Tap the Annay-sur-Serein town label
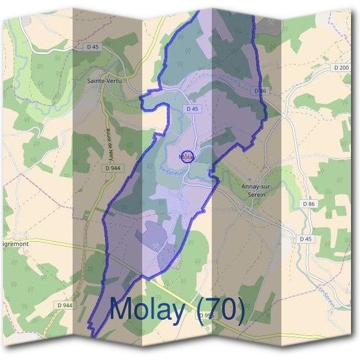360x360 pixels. coord(256,190)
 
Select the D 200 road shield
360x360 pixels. coord(341,68)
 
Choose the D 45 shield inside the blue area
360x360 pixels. coord(192,109)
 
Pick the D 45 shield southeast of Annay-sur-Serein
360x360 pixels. coord(306,239)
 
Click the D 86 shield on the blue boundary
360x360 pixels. coord(260,91)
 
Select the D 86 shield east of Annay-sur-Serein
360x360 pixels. coord(308,204)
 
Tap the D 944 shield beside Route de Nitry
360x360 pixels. coord(111,169)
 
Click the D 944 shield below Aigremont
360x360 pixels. coord(65,305)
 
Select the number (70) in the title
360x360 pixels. coord(221,309)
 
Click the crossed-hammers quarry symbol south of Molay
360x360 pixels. coord(155,244)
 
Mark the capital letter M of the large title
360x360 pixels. coord(121,309)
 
